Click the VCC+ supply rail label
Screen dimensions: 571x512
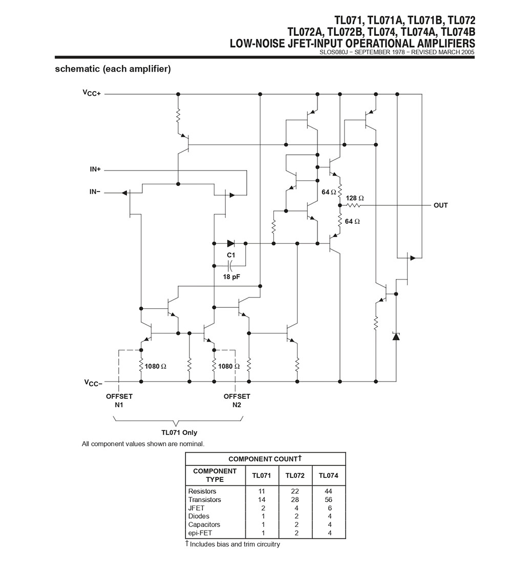pos(92,93)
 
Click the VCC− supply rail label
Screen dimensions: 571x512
pos(92,382)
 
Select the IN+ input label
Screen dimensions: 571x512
pos(95,169)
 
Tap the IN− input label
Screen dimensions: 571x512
pos(95,192)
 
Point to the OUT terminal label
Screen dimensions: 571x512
pos(440,205)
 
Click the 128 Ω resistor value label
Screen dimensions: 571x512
pos(355,198)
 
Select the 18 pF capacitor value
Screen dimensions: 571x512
pos(231,277)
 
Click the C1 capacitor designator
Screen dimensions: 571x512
pos(231,255)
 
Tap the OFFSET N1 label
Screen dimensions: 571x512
pos(119,400)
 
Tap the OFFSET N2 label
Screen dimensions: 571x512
pos(237,400)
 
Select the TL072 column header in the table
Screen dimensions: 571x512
pos(295,475)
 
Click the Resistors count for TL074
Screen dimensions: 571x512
pos(328,491)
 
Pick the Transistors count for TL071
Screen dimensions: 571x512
pos(262,499)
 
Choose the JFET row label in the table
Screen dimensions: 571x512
pos(196,507)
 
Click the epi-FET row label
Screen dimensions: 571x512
pos(200,533)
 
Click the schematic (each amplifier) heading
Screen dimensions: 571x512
pos(113,69)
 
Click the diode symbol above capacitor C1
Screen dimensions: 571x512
pos(230,243)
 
